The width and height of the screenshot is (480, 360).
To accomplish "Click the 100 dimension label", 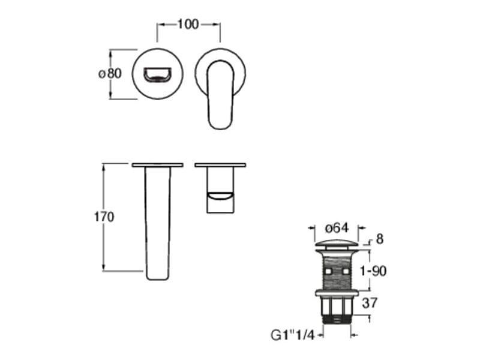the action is point(188,24).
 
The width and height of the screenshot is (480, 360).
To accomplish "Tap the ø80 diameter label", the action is point(110,73).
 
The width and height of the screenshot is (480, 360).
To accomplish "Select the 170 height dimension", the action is point(104,217).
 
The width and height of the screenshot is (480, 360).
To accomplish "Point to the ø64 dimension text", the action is point(337,228).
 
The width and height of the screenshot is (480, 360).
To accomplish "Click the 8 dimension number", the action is point(380,239).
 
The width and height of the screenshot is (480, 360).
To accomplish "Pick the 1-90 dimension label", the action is point(373,271).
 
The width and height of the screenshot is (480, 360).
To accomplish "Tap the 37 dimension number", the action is point(370,303).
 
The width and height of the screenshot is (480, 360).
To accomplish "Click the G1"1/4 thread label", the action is point(293,335).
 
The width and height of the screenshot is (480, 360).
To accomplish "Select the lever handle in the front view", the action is point(220,94).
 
